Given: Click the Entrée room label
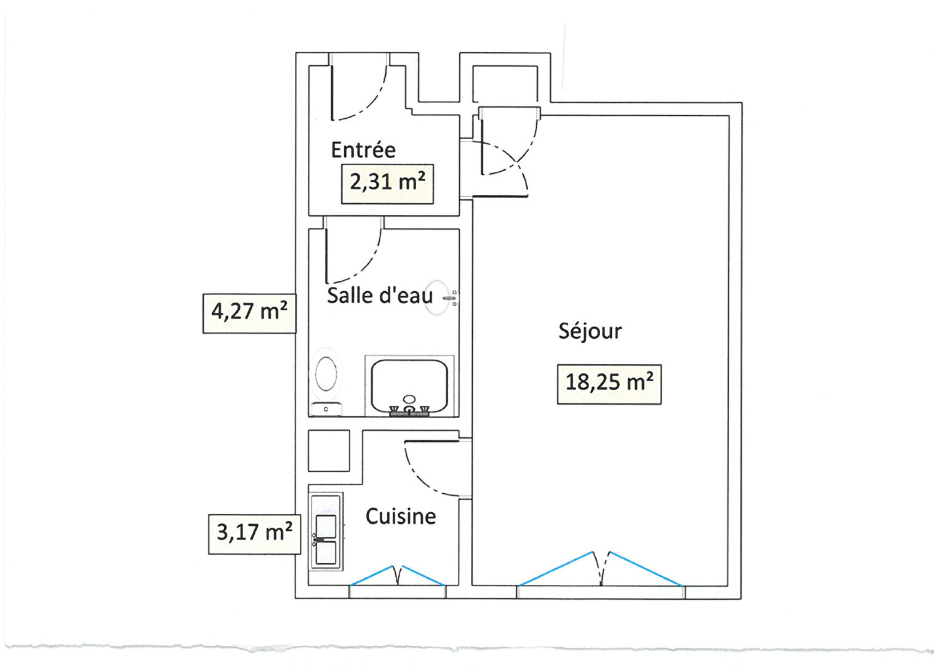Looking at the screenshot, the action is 363,150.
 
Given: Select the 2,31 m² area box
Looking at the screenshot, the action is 387,184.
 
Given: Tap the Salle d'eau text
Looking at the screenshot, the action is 380,295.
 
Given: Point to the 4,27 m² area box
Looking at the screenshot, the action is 249,313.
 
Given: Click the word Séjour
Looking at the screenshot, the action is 590,331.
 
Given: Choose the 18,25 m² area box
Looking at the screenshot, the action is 609,384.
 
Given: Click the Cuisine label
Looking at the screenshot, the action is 400,517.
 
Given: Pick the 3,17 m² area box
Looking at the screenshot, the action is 255,534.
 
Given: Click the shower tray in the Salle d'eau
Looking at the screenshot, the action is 409,386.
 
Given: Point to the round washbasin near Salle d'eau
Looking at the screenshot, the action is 437,298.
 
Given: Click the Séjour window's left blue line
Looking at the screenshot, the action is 556,568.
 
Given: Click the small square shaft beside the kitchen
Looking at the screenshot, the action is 329,451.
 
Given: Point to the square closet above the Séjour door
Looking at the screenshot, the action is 505,84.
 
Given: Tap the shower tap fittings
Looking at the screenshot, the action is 409,411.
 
